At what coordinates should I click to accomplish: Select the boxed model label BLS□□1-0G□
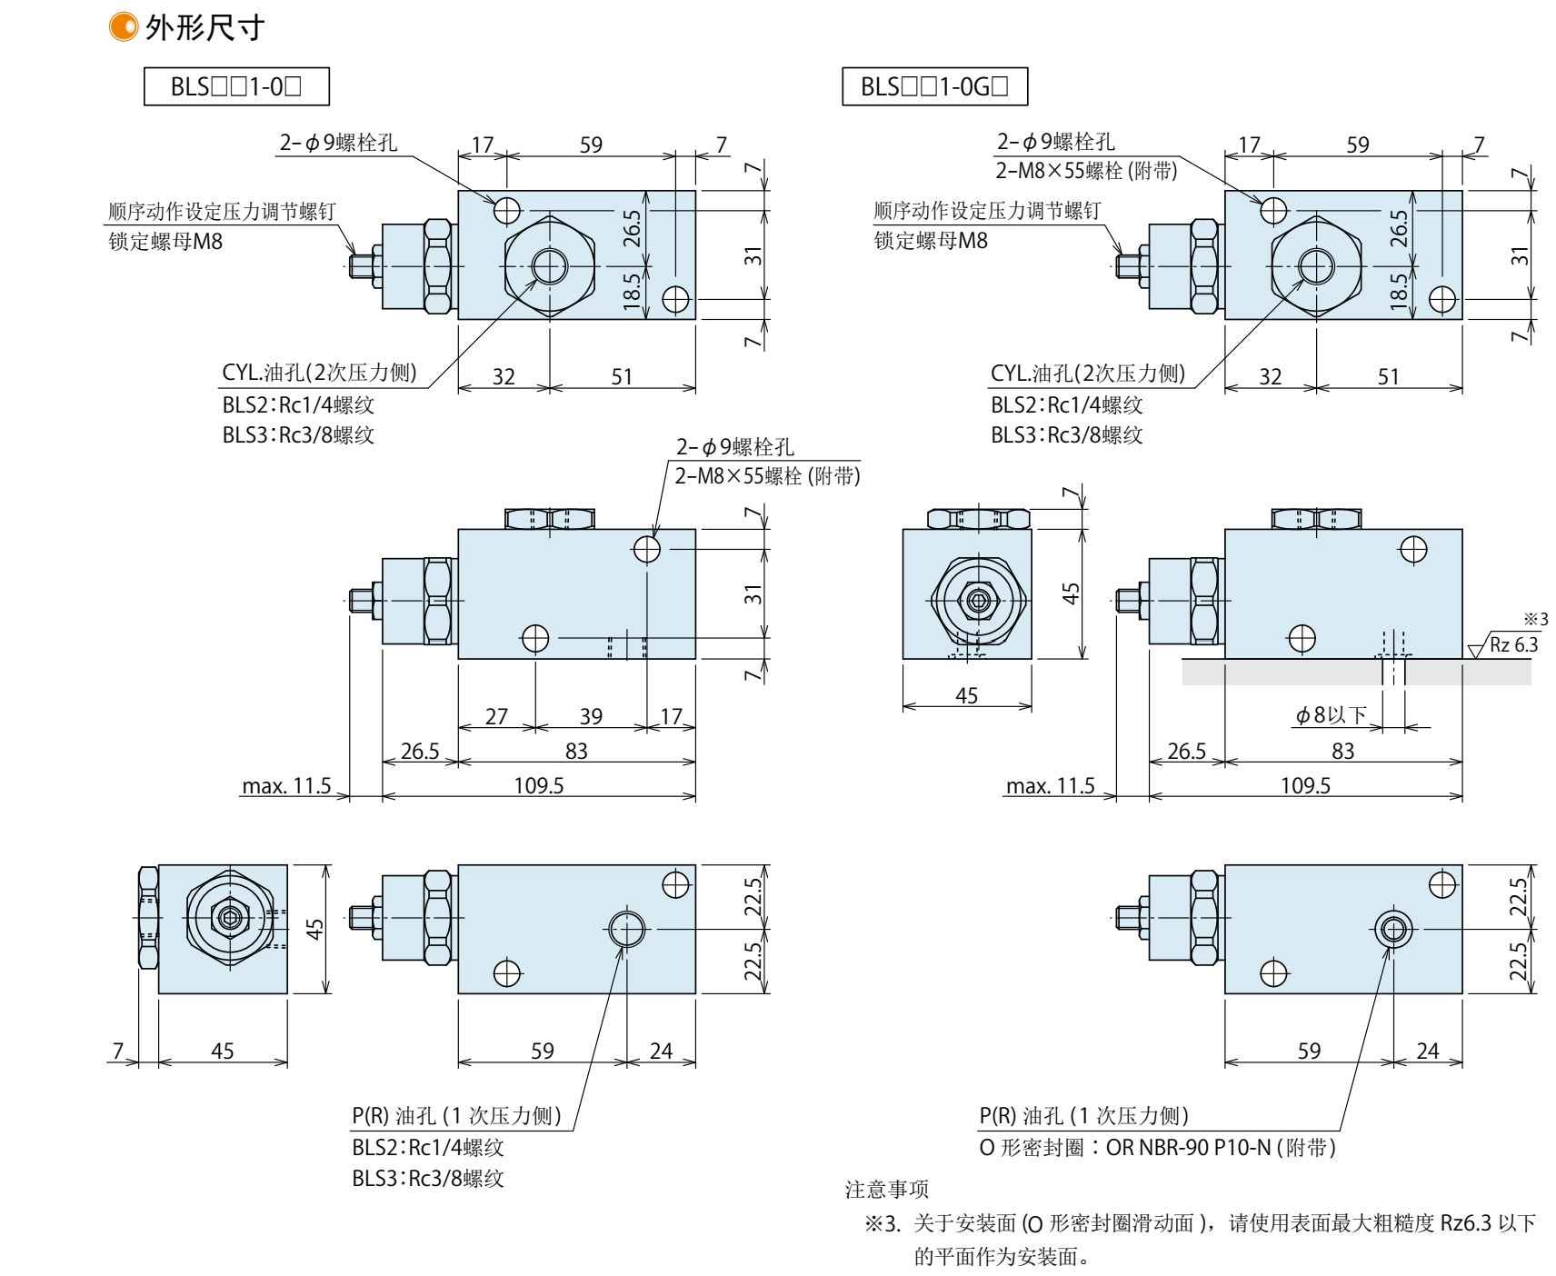934,87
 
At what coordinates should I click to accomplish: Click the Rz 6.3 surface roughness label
1513,644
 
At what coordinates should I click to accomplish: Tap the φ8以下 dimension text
1331,715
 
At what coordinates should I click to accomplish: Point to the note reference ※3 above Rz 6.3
1535,620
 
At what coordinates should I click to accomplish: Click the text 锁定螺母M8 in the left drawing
165,241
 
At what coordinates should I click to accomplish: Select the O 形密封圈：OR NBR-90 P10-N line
1157,1148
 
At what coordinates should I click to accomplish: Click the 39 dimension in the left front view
591,716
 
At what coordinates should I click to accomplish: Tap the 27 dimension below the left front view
496,716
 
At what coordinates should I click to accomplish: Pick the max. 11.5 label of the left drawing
286,786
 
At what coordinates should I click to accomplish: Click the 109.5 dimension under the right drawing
1305,785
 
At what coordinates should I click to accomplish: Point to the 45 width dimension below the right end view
966,695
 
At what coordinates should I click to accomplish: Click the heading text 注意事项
886,1190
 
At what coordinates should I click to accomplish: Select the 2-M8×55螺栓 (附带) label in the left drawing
767,475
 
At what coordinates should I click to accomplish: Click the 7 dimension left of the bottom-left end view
117,1051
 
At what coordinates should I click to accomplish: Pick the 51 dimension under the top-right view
1389,376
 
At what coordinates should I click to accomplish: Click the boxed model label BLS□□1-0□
236,87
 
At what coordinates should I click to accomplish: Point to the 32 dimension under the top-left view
504,376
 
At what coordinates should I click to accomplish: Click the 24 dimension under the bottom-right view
1428,1051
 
